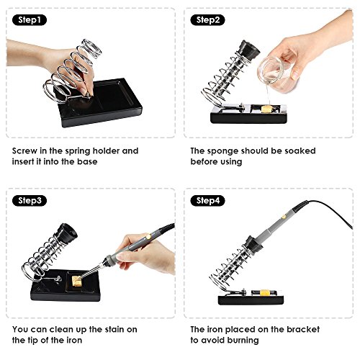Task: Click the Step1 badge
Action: pos(30,20)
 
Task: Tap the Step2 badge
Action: pos(207,20)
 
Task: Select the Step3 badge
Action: pos(30,200)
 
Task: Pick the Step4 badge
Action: pos(207,200)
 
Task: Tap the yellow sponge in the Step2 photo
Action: pos(266,109)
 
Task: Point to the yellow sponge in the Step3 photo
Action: pos(77,281)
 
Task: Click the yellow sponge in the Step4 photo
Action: pos(265,293)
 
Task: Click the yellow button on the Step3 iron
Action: pos(149,236)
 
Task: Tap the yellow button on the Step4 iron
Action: pos(284,217)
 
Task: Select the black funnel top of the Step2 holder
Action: pos(250,50)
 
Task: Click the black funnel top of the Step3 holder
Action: pos(67,233)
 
